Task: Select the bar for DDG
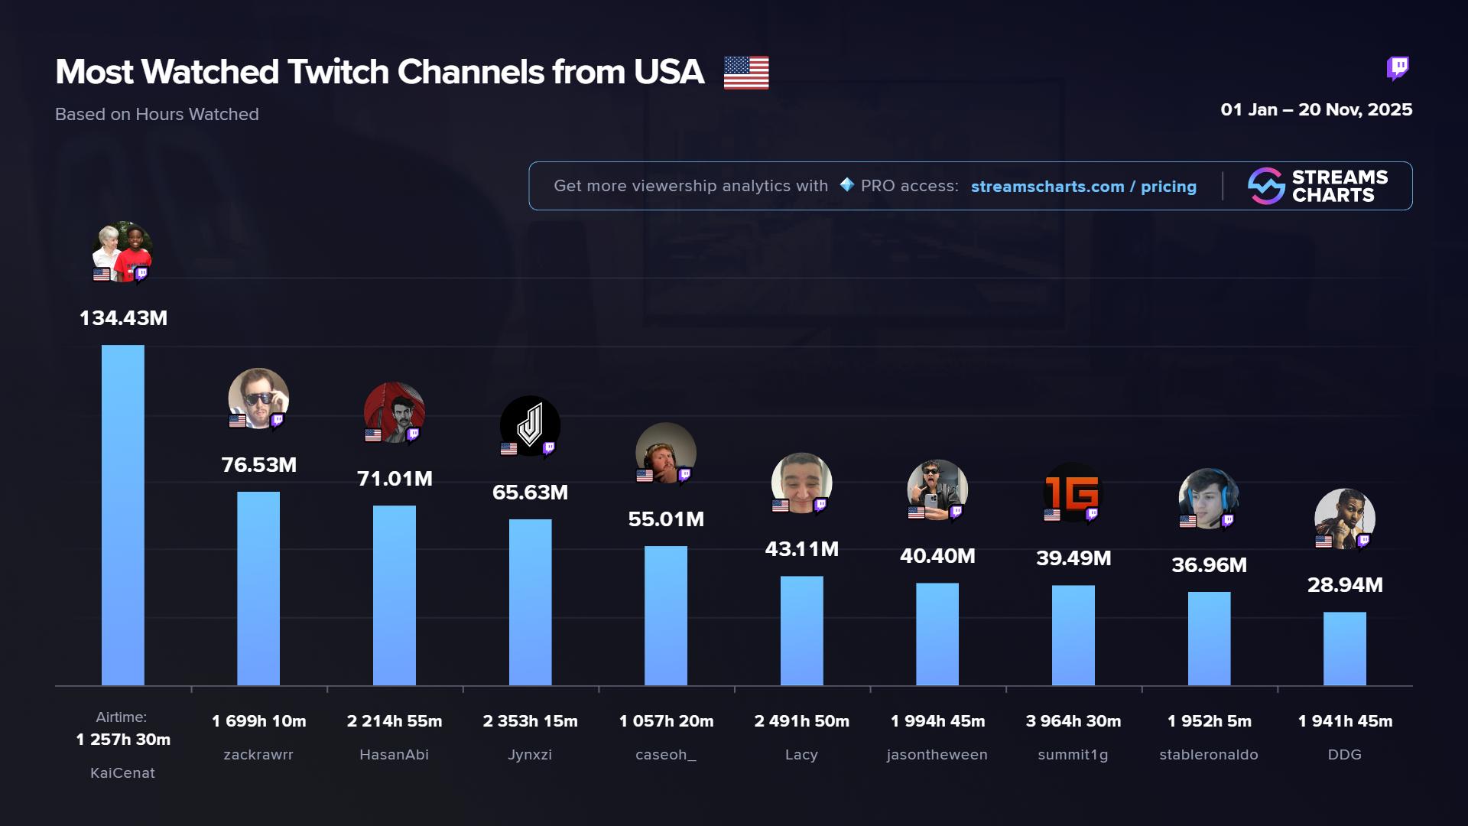(x=1344, y=648)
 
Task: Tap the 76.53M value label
(x=258, y=465)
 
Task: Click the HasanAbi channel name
(x=394, y=755)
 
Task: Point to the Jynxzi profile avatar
(x=530, y=425)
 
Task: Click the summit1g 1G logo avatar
(x=1073, y=493)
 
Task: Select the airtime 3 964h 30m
(x=1073, y=721)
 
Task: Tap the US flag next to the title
(x=746, y=73)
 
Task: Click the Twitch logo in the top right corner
(x=1398, y=68)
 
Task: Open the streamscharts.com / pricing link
(x=1083, y=187)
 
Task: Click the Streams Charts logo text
(x=1339, y=186)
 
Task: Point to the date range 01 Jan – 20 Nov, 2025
(x=1316, y=109)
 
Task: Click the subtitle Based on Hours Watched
(x=157, y=115)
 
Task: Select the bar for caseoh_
(x=665, y=615)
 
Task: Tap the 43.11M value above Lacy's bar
(x=801, y=549)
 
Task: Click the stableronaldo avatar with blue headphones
(x=1208, y=499)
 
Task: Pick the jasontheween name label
(x=937, y=755)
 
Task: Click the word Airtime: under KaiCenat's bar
(x=121, y=717)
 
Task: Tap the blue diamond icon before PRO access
(x=846, y=185)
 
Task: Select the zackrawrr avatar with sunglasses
(x=258, y=398)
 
